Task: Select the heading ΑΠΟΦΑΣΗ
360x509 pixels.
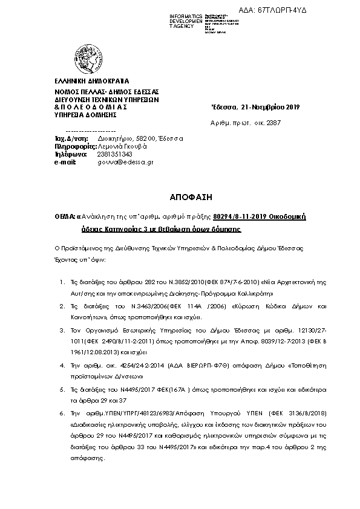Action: (x=180, y=197)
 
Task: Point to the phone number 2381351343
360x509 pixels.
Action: (x=114, y=154)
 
